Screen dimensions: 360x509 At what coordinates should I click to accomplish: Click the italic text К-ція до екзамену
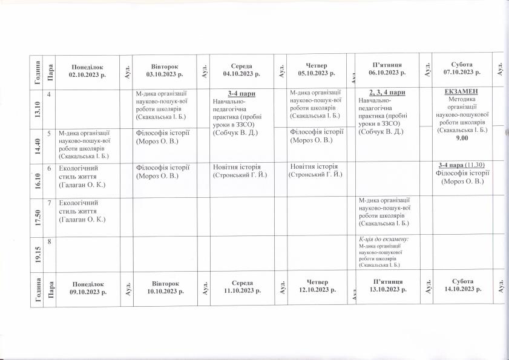coord(384,239)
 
